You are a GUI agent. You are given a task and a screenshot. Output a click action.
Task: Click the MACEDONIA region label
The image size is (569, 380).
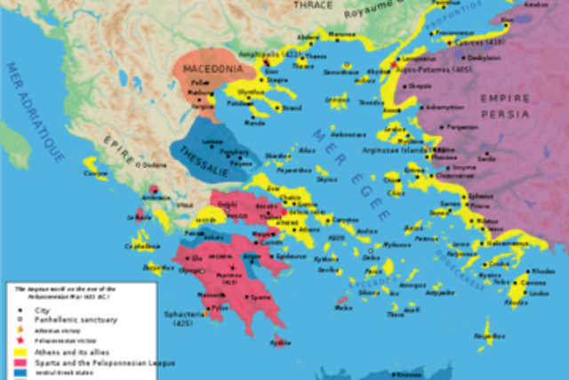208,69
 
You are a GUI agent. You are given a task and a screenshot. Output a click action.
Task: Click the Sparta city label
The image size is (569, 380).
260,297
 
